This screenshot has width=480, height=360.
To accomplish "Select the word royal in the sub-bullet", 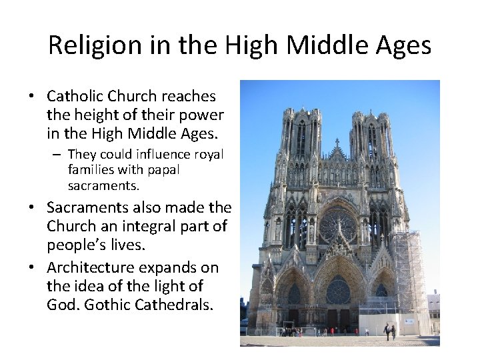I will [x=209, y=155].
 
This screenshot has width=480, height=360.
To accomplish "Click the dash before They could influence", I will [x=59, y=155].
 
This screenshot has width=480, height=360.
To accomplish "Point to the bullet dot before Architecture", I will [x=31, y=269].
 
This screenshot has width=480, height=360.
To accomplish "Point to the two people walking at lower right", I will [x=389, y=329].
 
